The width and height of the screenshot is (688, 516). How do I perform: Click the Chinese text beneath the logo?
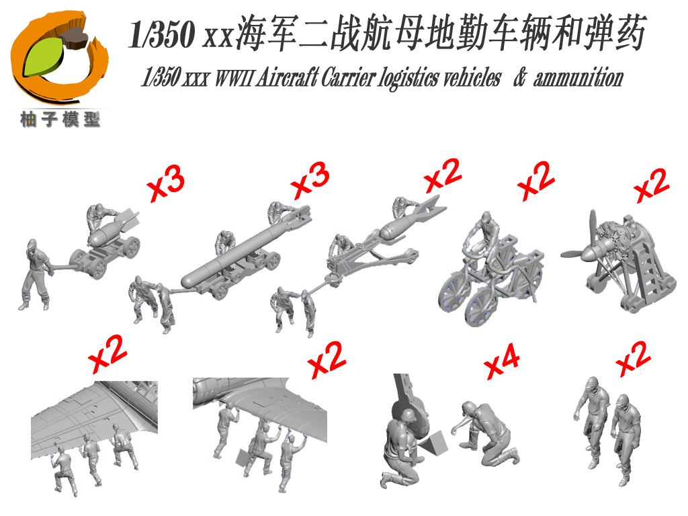click(x=60, y=120)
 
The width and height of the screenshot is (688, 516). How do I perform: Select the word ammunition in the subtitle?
click(x=578, y=78)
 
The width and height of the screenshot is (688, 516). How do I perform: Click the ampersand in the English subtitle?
click(x=519, y=77)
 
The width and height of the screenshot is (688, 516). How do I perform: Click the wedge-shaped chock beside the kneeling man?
click(x=433, y=443)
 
